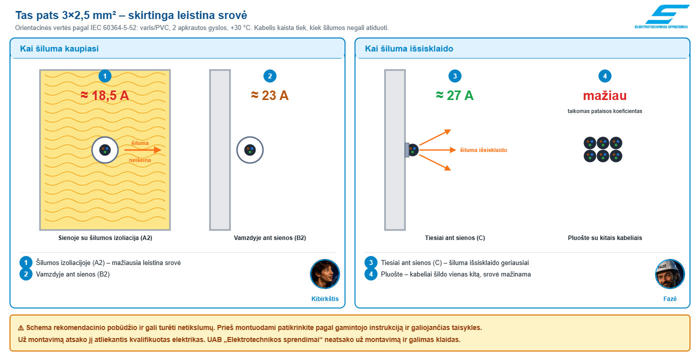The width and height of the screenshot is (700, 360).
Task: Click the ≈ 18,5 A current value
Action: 105,95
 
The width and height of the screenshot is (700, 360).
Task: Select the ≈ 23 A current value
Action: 269,95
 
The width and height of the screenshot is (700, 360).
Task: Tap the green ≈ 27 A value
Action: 454,95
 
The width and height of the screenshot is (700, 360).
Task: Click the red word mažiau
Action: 604,95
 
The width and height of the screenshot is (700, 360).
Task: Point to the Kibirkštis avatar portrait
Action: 324,274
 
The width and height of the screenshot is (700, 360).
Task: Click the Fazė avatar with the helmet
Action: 669,274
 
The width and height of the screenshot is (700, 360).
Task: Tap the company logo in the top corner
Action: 661,16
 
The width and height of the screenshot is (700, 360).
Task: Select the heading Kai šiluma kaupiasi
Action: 59,48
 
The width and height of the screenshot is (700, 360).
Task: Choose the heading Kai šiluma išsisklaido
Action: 409,48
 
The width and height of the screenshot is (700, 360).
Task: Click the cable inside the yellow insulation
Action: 105,150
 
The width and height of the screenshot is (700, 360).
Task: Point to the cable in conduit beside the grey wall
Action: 250,150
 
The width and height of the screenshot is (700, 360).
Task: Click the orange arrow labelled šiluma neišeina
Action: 142,150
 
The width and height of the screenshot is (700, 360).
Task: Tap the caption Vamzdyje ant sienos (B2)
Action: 269,238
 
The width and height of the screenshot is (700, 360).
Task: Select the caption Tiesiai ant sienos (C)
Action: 454,238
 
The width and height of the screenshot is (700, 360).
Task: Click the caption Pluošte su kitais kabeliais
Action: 604,238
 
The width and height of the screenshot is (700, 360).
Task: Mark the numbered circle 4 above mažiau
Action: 604,76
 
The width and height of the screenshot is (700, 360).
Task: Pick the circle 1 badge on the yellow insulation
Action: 105,76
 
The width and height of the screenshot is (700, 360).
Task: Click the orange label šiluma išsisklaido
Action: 483,150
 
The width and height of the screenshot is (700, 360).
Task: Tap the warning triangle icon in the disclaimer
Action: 21,328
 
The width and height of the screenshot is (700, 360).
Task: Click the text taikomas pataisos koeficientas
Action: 604,111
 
